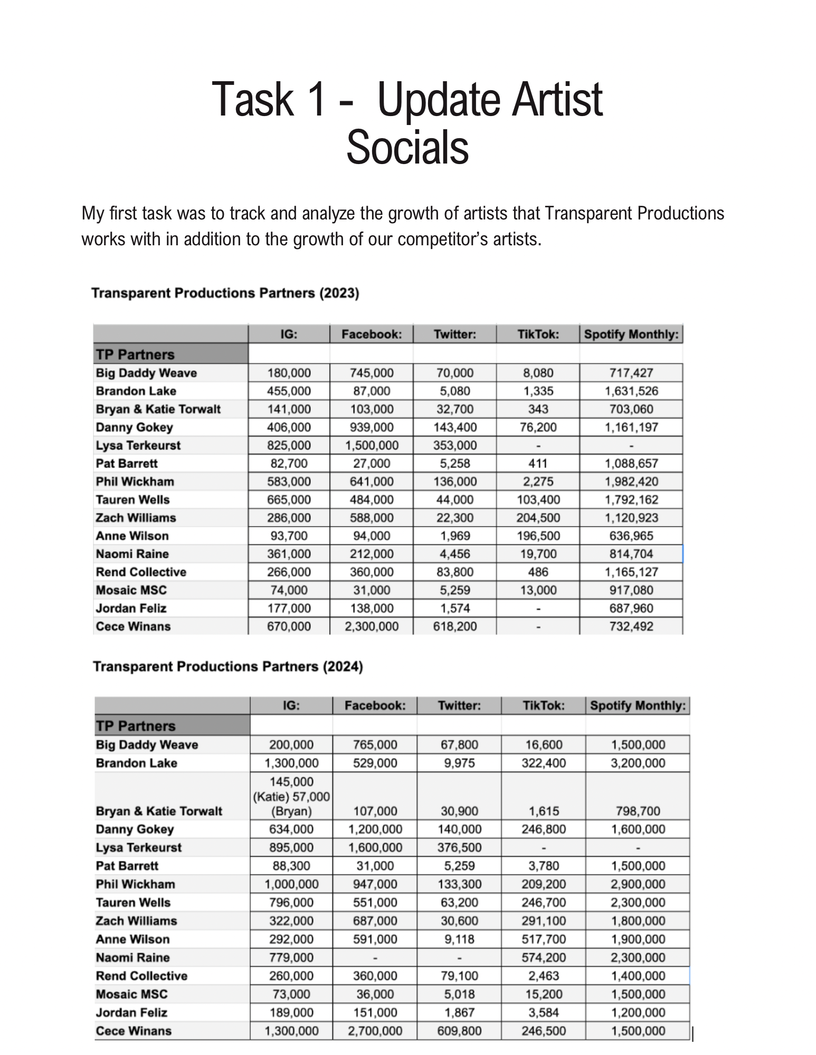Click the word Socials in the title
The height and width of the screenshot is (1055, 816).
coord(407,148)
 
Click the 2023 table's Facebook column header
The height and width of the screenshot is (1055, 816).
coord(372,334)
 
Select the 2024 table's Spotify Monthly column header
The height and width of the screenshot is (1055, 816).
coord(638,706)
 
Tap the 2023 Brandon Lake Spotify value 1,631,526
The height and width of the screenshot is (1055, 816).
coord(631,391)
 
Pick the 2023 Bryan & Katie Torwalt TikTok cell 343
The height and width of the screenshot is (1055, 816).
coord(538,409)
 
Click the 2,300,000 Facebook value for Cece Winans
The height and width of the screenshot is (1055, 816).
coord(372,627)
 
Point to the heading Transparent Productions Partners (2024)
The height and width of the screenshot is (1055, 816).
coord(228,667)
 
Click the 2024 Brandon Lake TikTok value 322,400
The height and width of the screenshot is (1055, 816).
coord(544,763)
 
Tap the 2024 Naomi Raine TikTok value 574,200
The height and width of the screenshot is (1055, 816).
coord(544,958)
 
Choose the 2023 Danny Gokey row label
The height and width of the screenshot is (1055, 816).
coord(135,427)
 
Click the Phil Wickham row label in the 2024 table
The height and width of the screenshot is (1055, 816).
coord(136,885)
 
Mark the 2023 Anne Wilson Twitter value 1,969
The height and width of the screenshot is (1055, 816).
coord(454,536)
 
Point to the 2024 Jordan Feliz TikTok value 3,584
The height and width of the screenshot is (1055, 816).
coord(544,1013)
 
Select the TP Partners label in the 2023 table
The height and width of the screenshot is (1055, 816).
coord(135,354)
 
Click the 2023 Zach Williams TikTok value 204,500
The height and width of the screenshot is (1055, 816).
coord(538,518)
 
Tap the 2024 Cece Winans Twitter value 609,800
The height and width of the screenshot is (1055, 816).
coord(459,1031)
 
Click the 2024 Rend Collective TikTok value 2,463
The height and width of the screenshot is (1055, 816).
coord(544,976)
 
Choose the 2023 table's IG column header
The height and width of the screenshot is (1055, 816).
coord(289,334)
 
